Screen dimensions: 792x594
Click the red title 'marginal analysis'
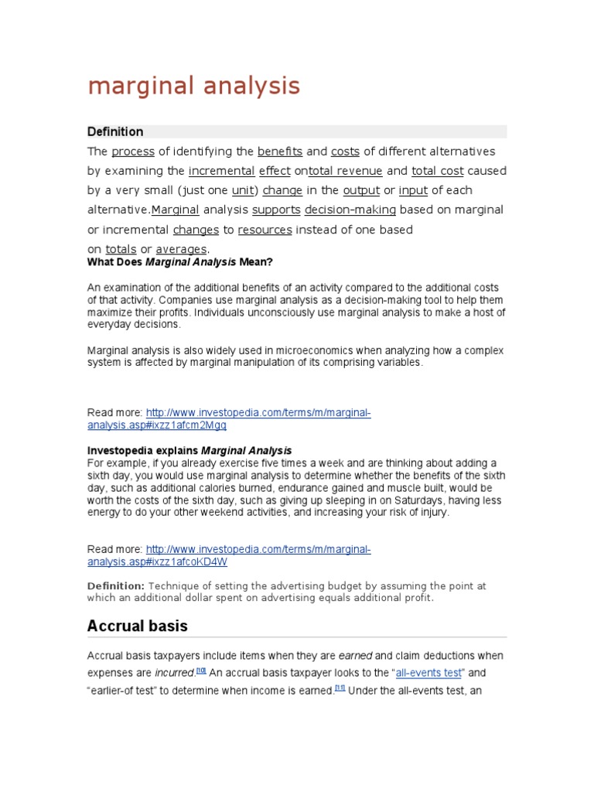tap(193, 86)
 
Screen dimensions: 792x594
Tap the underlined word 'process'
tap(133, 152)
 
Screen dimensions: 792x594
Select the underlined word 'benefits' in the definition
tap(280, 152)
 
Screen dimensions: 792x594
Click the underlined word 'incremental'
tap(221, 171)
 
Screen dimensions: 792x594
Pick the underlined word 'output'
tap(361, 190)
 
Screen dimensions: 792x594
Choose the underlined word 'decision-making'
tap(350, 210)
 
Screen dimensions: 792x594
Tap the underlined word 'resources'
tap(265, 230)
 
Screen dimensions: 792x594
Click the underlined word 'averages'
tap(181, 249)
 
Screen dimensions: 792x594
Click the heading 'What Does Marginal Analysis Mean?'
tap(179, 263)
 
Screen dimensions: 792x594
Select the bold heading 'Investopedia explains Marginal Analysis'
tap(189, 451)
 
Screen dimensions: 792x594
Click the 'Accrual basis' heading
tap(137, 625)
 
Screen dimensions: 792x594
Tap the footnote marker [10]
tap(201, 671)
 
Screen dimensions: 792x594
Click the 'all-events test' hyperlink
tap(428, 674)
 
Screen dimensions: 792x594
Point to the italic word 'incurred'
tap(174, 674)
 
